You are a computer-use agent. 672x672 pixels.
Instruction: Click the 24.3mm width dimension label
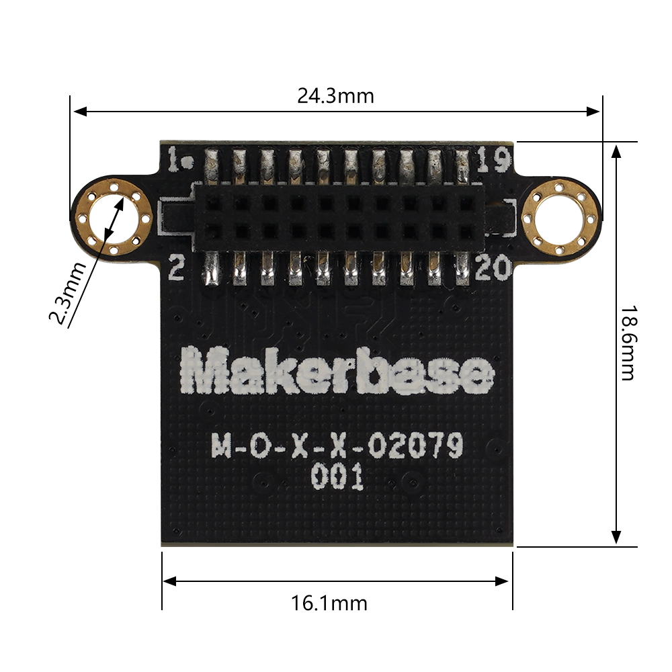click(x=335, y=96)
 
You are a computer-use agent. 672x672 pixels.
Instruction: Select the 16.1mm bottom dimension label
click(x=330, y=603)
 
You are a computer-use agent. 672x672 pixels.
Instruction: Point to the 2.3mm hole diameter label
click(x=70, y=293)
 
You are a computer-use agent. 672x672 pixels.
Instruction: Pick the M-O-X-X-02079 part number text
click(x=337, y=447)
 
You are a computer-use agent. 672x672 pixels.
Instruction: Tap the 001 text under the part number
click(x=337, y=478)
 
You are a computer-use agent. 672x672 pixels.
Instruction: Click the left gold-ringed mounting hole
click(x=112, y=219)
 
